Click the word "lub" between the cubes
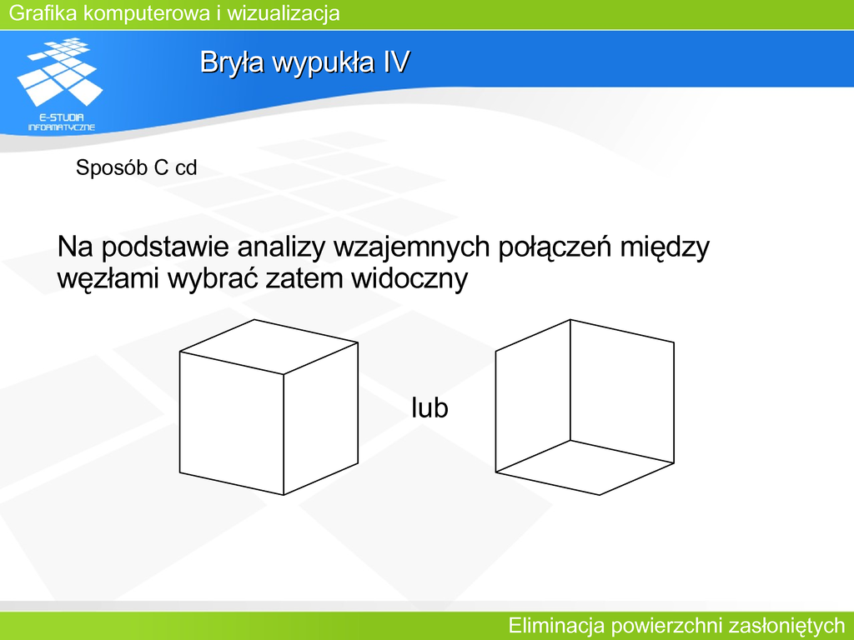pyautogui.click(x=430, y=407)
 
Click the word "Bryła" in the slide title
pyautogui.click(x=232, y=62)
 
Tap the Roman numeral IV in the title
pyautogui.click(x=396, y=62)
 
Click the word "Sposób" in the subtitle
pyautogui.click(x=112, y=167)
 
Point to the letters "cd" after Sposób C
pyautogui.click(x=186, y=167)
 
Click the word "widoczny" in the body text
pyautogui.click(x=409, y=279)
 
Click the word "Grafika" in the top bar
pyautogui.click(x=43, y=13)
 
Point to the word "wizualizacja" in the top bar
pyautogui.click(x=284, y=13)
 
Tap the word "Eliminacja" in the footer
pyautogui.click(x=556, y=625)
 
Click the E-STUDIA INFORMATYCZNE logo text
pyautogui.click(x=62, y=122)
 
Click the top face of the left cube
pyautogui.click(x=269, y=347)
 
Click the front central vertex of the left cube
pyautogui.click(x=284, y=374)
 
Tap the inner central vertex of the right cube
pyautogui.click(x=570, y=440)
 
